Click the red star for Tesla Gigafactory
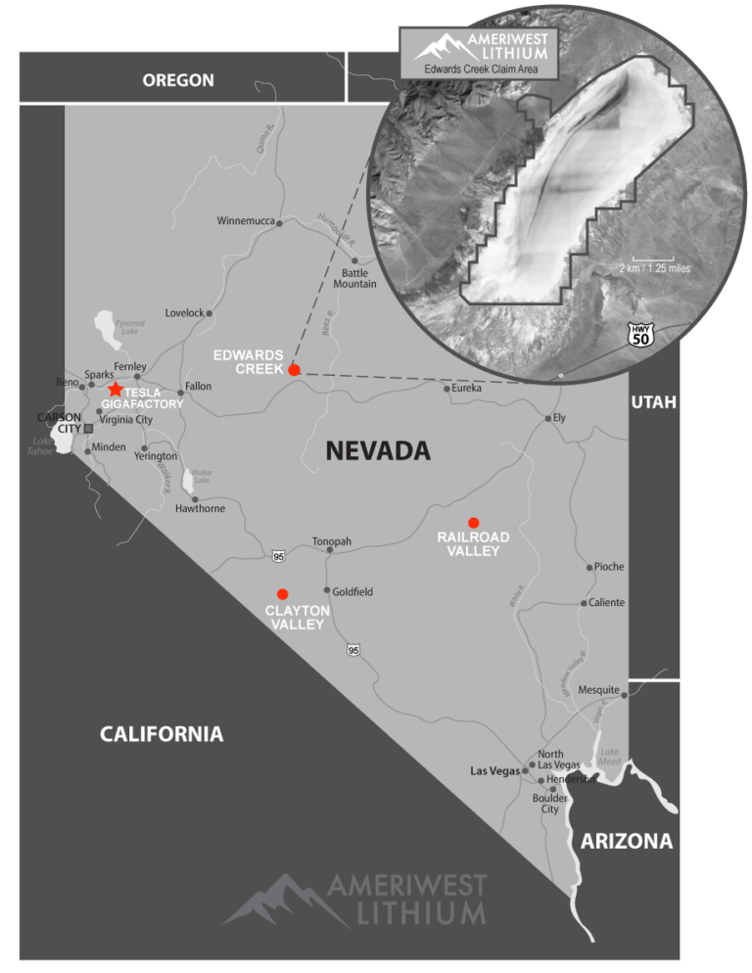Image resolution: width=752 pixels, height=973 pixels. click(x=116, y=390)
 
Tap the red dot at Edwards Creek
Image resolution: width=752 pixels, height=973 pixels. click(x=294, y=370)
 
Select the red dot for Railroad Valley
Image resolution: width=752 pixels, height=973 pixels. click(x=473, y=522)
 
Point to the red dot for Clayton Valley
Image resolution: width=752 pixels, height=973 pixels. click(x=283, y=593)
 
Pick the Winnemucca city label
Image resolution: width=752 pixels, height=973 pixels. click(x=245, y=220)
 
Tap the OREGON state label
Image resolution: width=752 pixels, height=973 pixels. click(x=178, y=80)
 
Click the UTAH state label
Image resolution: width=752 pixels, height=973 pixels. click(x=652, y=402)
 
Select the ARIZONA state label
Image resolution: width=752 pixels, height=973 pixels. click(x=627, y=841)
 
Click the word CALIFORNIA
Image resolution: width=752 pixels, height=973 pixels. click(x=162, y=734)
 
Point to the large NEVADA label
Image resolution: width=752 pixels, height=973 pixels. click(x=378, y=450)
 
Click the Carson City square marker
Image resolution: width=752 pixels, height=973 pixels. click(x=89, y=428)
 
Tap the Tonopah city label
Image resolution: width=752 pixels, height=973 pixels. click(x=331, y=541)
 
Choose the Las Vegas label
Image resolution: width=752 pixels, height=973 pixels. click(x=494, y=771)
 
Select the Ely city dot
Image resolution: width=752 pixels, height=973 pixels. click(x=548, y=418)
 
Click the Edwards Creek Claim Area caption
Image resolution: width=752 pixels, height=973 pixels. click(x=479, y=69)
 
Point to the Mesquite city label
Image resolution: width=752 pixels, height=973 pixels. click(x=598, y=690)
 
